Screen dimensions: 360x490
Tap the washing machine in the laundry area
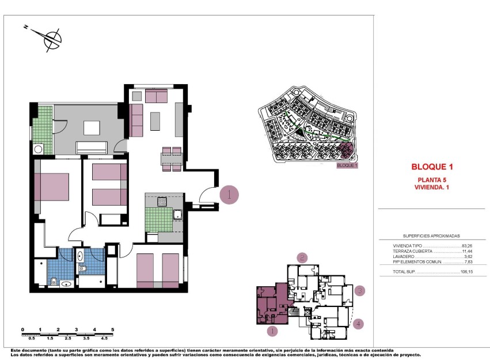pos(39,149)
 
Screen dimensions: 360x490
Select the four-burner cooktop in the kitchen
pos(162,202)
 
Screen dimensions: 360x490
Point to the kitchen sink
pos(177,215)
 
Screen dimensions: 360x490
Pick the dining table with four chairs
pos(172,160)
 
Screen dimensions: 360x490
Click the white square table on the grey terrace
pos(91,127)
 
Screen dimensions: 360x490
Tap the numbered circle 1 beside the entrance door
pos(229,195)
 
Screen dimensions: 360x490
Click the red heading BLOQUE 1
pos(432,167)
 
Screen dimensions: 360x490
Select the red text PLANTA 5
pos(432,180)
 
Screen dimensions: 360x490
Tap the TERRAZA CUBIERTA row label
pos(408,251)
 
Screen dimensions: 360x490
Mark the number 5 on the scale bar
pos(113,329)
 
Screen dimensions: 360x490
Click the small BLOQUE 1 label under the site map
pos(347,165)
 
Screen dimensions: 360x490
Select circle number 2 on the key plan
pos(302,257)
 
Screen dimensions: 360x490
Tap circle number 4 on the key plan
pos(359,324)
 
